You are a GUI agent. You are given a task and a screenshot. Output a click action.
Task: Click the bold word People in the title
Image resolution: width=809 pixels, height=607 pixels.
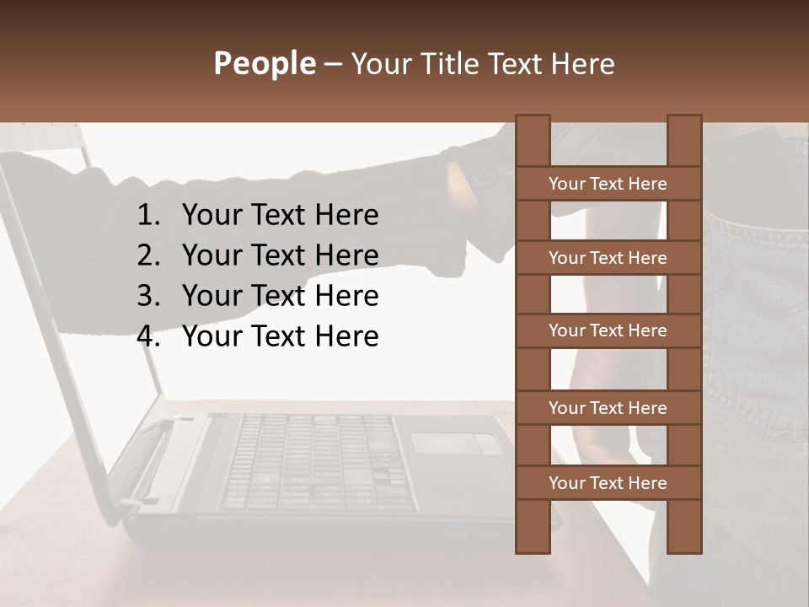point(264,63)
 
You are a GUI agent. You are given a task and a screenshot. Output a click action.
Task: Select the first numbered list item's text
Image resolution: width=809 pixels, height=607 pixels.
point(280,216)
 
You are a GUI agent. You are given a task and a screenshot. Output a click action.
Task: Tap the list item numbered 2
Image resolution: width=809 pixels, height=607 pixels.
point(280,255)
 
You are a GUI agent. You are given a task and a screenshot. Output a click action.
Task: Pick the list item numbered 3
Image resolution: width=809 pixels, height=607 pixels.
point(280,296)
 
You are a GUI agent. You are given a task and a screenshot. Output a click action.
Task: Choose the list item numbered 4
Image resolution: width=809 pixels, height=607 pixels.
point(280,336)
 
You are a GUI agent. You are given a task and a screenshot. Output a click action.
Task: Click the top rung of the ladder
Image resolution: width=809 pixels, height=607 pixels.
point(608,184)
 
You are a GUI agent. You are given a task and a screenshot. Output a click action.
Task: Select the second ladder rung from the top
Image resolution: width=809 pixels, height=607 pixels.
point(608,258)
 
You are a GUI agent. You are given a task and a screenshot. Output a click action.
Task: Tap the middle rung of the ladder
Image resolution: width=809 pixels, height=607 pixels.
point(608,330)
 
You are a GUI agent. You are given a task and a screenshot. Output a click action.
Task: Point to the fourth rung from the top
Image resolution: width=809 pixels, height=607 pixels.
point(608,408)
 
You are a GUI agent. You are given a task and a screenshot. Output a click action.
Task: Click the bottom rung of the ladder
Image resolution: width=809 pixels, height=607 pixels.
point(608,483)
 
